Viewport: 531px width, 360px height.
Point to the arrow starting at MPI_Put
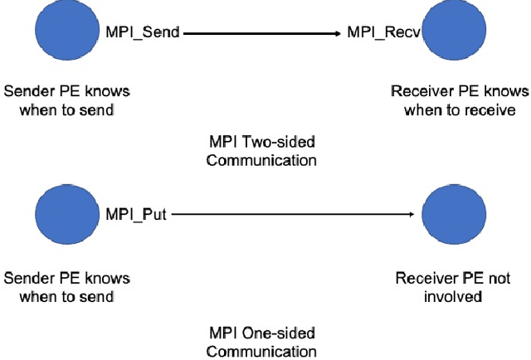290,216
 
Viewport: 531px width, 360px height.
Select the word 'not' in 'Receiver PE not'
499,278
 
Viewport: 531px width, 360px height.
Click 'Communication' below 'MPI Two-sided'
261,160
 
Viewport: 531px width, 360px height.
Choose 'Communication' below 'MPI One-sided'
261,351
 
